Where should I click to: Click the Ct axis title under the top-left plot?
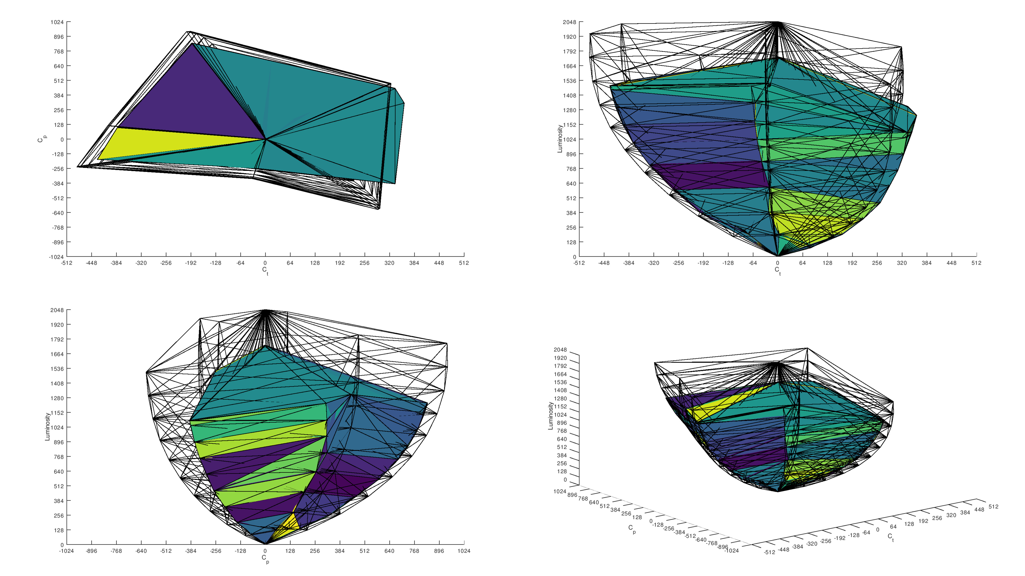pos(265,271)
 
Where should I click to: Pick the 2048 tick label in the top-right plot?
pos(569,22)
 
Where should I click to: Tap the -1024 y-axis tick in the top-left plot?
pos(57,257)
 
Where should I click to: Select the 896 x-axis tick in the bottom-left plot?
pos(439,551)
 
